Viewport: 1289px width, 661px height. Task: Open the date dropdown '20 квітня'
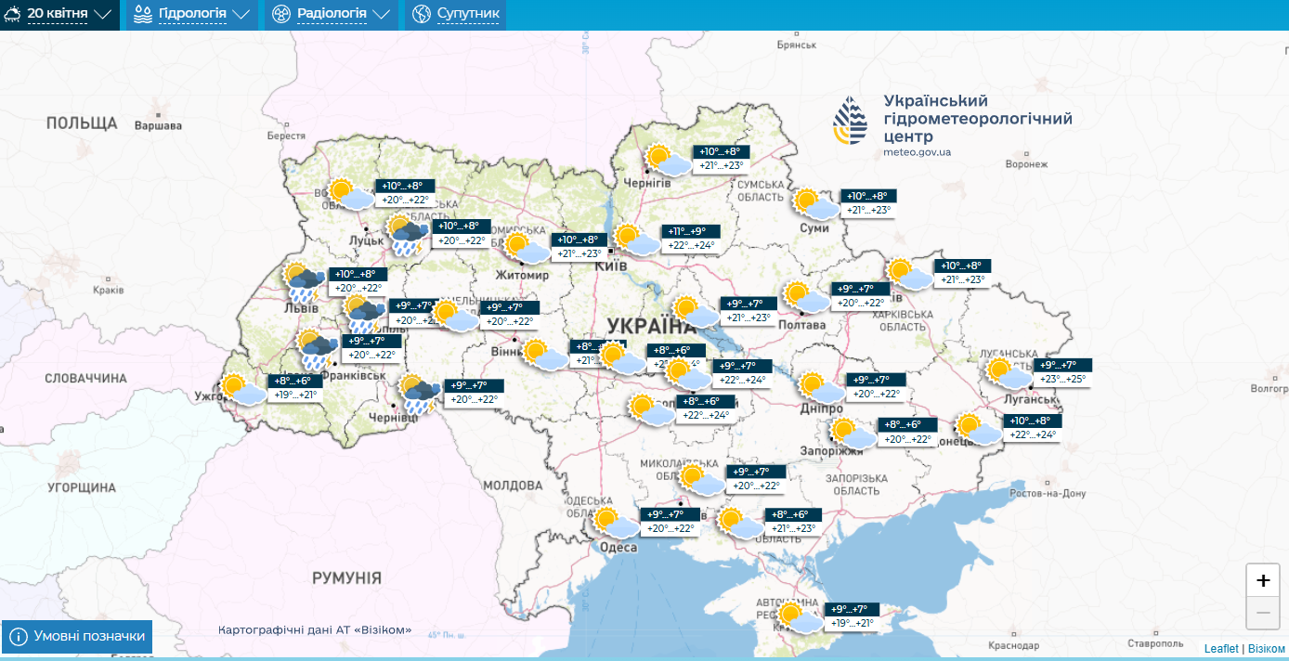[59, 14]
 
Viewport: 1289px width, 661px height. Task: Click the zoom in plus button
[1263, 581]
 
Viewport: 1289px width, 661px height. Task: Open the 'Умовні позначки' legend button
[78, 636]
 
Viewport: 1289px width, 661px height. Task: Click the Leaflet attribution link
[1220, 648]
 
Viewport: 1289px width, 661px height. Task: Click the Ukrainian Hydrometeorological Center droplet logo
[852, 122]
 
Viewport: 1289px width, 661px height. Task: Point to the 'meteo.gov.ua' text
[917, 151]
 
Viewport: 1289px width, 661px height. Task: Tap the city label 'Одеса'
[618, 548]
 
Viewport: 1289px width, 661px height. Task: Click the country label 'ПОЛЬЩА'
[82, 123]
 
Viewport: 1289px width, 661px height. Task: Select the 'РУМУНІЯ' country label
[346, 577]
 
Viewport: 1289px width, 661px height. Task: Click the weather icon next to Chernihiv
[668, 161]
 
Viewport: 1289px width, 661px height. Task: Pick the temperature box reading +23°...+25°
[1062, 379]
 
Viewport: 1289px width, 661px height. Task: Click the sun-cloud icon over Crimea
[800, 618]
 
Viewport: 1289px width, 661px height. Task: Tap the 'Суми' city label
[814, 227]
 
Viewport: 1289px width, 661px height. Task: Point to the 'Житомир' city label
[523, 276]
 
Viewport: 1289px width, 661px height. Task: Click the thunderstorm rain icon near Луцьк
[407, 235]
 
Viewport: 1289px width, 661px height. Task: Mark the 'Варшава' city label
[158, 125]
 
